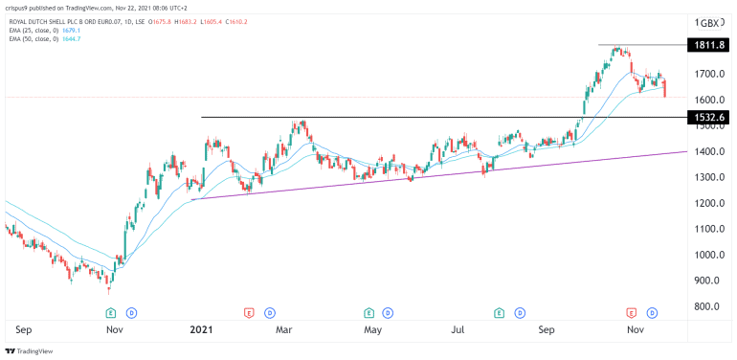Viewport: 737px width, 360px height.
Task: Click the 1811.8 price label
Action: tap(709, 45)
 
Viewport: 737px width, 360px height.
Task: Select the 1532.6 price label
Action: tap(709, 117)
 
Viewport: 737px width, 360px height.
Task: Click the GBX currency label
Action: tap(711, 22)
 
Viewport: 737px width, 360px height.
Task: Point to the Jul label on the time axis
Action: tap(458, 329)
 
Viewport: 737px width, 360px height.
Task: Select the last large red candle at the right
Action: tap(665, 88)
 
